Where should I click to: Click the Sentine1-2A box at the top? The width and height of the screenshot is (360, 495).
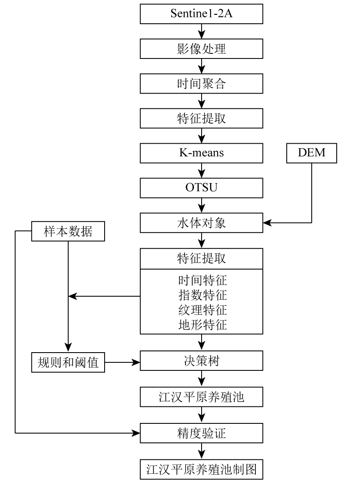click(x=202, y=14)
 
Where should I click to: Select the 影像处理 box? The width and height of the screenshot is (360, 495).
click(x=202, y=49)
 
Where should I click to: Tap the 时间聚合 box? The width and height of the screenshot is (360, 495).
click(x=202, y=83)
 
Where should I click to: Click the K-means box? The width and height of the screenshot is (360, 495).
click(x=202, y=153)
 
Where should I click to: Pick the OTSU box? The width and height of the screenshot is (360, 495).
click(x=202, y=187)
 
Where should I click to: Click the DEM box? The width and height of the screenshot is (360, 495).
click(x=312, y=153)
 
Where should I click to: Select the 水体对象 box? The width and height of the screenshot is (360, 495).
click(x=202, y=222)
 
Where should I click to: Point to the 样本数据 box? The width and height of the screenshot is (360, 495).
click(x=68, y=231)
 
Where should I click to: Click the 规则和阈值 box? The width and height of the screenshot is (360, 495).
click(x=68, y=362)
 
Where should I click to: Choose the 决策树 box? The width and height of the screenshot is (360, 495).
click(x=202, y=361)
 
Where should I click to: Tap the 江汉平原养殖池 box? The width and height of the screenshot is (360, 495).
click(x=202, y=397)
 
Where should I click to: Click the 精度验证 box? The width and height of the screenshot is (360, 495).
click(x=202, y=433)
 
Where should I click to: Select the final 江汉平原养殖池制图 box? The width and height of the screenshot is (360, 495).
click(x=202, y=469)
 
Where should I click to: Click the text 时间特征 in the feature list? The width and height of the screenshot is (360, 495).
click(x=202, y=281)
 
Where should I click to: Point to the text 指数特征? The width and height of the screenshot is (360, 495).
click(x=202, y=295)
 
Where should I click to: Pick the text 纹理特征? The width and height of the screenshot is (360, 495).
click(x=202, y=310)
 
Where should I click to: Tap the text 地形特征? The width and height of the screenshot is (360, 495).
click(x=202, y=325)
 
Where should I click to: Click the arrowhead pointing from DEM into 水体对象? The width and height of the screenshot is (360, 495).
click(x=267, y=222)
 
